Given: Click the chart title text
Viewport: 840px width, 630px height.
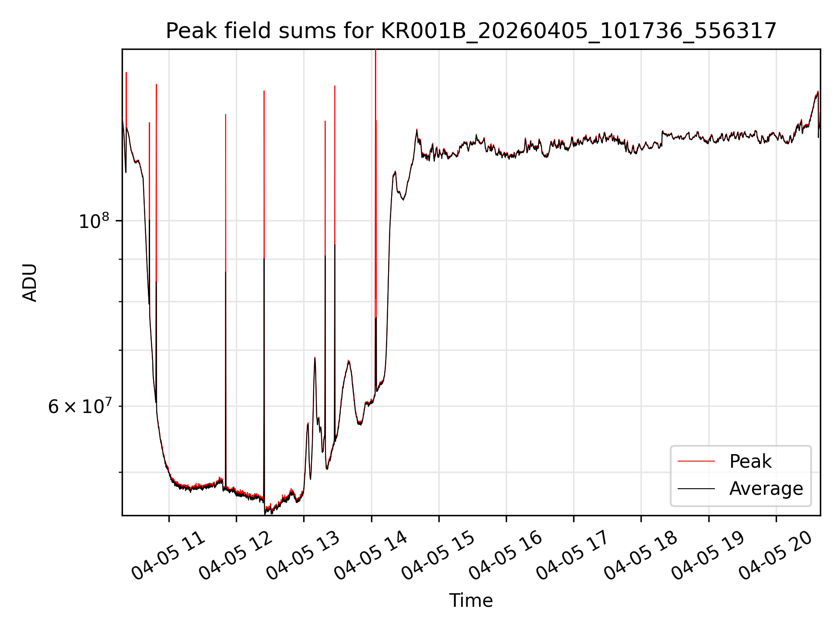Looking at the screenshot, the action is (471, 31).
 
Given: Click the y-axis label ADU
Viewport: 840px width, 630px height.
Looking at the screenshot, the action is (30, 283).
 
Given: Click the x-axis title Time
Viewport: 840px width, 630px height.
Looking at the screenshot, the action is (471, 601).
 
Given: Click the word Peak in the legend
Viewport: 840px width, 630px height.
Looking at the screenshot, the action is (750, 462).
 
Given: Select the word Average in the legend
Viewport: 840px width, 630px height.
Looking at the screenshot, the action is (766, 489).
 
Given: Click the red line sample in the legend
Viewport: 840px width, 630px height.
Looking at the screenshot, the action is (696, 462).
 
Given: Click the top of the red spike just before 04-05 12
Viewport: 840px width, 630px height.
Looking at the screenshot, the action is (225, 115).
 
